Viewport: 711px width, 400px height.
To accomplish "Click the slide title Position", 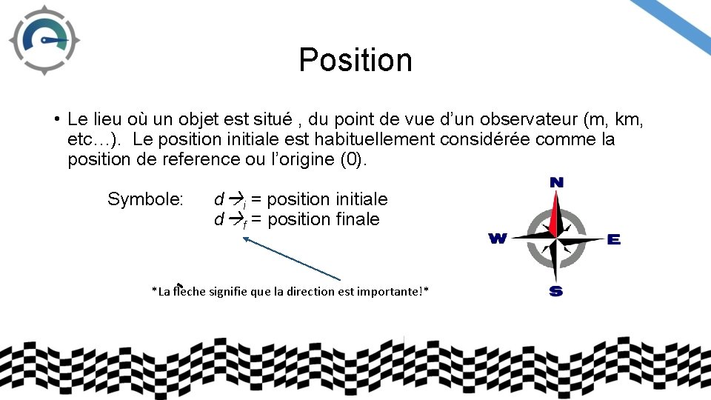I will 355,60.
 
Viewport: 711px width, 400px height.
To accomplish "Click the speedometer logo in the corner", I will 44,40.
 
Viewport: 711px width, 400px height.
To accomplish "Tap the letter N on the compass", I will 556,182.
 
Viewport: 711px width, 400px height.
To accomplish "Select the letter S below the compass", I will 555,291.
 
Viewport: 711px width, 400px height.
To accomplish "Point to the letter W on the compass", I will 497,239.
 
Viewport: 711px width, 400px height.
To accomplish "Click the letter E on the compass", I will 613,239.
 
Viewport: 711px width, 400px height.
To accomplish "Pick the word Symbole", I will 145,199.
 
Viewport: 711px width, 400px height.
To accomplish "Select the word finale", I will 353,219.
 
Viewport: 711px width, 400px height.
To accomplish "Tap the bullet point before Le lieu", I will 56,119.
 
